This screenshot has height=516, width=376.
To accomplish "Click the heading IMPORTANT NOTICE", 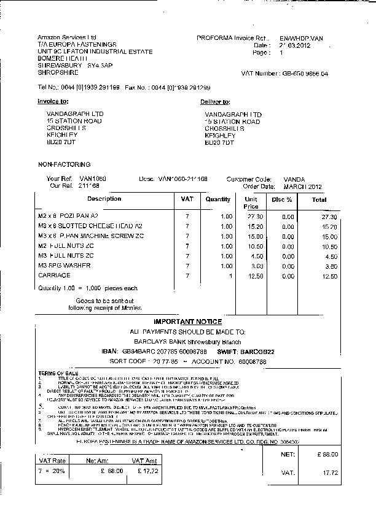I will [188, 322].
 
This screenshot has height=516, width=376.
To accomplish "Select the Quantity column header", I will [218, 199].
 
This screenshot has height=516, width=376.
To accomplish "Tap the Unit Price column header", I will [251, 203].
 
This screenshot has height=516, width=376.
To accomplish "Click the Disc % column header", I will [282, 199].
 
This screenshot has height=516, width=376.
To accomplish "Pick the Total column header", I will [319, 199].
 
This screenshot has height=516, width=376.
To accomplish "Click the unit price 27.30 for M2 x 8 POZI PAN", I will [255, 217].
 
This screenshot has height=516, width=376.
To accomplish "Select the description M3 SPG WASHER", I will [65, 266].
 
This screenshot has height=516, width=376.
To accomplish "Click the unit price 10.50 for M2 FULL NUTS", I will [255, 246].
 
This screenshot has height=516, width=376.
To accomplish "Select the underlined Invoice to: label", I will [53, 101].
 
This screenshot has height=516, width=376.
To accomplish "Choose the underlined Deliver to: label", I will [215, 102].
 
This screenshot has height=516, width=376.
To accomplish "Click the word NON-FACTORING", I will [64, 164].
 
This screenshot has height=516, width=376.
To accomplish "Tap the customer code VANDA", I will [294, 179].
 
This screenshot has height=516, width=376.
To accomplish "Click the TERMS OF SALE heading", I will [58, 373].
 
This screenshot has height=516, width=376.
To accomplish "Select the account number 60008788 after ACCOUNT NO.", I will [252, 362].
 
